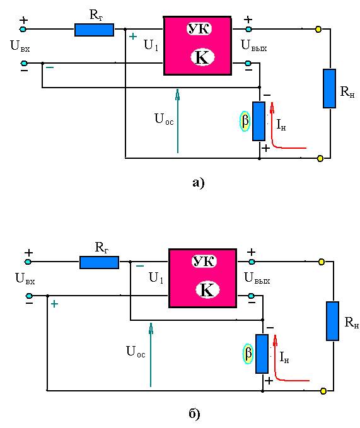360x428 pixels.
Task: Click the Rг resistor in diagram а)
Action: [94, 30]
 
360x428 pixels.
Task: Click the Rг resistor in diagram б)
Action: [99, 262]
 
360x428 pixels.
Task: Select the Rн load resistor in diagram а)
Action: [330, 88]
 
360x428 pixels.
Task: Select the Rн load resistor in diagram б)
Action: [333, 321]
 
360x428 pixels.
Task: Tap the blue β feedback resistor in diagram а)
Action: [258, 121]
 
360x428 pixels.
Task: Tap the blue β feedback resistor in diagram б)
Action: [262, 354]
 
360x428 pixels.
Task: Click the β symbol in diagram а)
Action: [245, 121]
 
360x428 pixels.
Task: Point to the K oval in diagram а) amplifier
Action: [202, 57]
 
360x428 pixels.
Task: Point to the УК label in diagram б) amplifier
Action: [204, 261]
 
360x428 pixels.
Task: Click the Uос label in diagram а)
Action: [164, 119]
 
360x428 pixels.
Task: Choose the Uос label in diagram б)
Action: [136, 351]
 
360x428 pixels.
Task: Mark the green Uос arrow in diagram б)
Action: [151, 355]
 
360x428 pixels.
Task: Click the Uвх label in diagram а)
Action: [20, 46]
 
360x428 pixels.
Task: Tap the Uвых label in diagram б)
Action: [257, 278]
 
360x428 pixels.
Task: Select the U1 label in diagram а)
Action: [151, 45]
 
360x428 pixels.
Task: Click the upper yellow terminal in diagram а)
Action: [318, 29]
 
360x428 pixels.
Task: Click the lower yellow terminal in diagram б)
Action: [323, 391]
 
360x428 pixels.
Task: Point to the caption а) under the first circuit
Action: [198, 183]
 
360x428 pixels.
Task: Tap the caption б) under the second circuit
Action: [194, 414]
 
